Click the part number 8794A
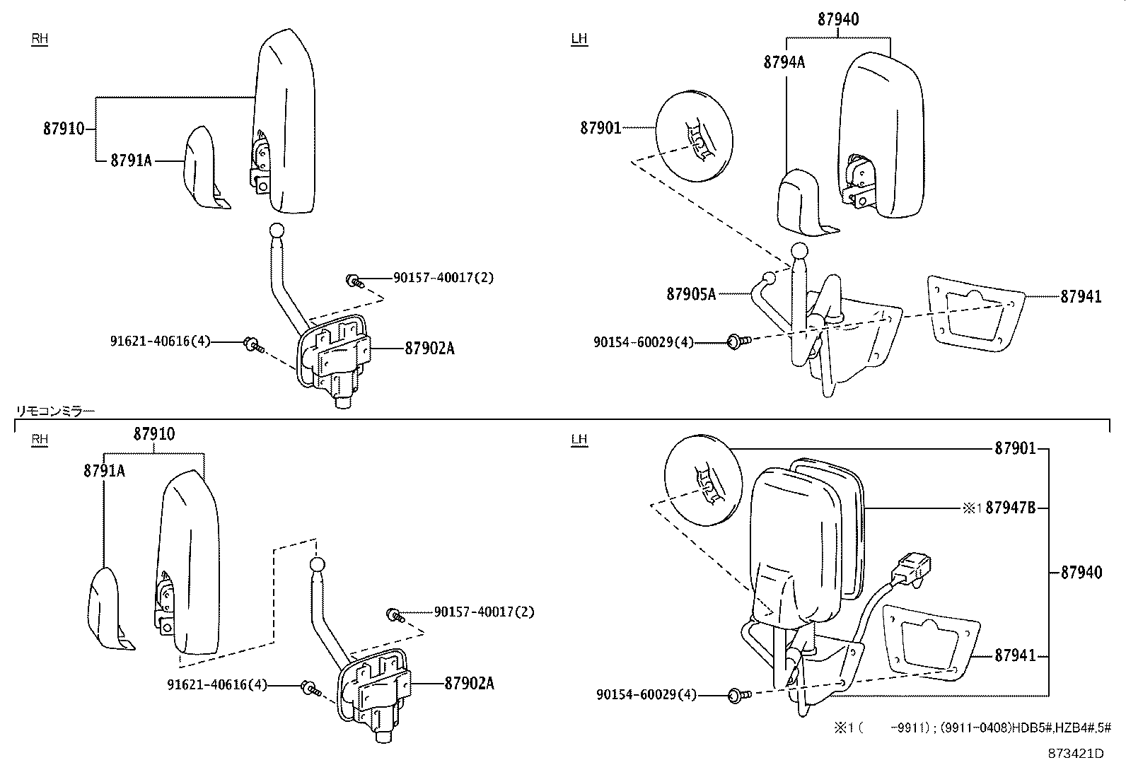tap(784, 62)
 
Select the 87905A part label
tap(691, 293)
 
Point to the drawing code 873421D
tap(1075, 753)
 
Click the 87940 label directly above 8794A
tap(838, 20)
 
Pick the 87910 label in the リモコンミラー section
tap(154, 434)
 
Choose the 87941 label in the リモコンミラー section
tap(1015, 656)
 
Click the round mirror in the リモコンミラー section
tap(702, 480)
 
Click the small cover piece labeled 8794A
tap(799, 201)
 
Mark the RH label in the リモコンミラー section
tap(40, 440)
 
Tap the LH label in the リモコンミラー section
tap(579, 440)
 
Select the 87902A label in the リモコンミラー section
tap(469, 684)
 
